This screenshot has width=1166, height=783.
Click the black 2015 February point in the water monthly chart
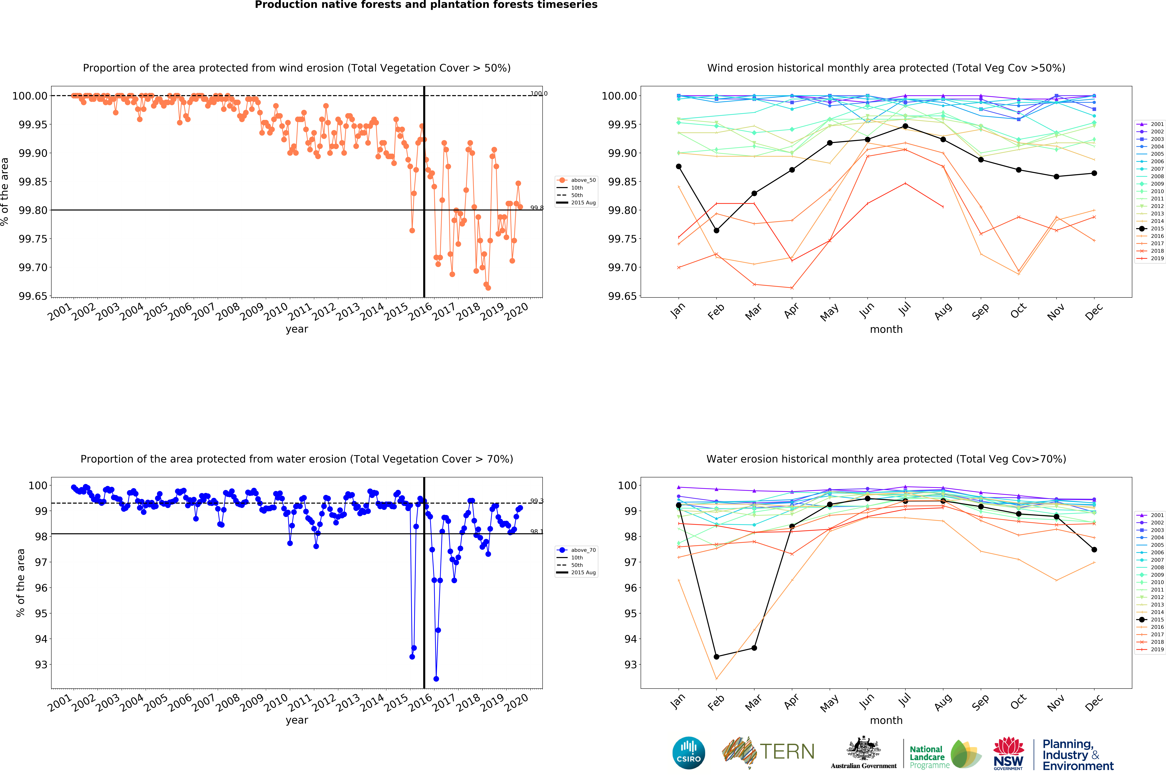tap(716, 657)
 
